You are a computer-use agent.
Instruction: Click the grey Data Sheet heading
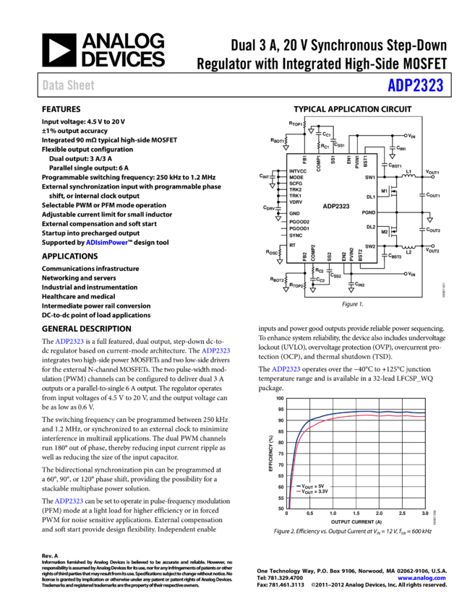(x=68, y=85)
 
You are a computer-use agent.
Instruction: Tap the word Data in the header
(x=52, y=85)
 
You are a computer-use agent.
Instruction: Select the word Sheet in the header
(x=80, y=85)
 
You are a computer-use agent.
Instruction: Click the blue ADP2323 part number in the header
(x=415, y=85)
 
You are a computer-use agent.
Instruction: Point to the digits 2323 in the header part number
(x=427, y=85)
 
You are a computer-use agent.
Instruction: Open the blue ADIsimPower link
(x=106, y=243)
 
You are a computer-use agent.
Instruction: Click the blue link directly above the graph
(x=286, y=369)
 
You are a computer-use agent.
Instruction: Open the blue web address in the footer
(x=421, y=578)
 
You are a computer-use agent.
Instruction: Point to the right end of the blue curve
(x=424, y=413)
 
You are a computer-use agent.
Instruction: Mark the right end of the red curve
(x=424, y=417)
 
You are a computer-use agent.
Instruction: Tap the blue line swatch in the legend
(x=298, y=486)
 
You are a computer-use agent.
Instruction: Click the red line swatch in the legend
(x=298, y=491)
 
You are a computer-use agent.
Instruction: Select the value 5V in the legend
(x=321, y=486)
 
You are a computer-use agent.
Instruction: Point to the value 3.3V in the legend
(x=323, y=491)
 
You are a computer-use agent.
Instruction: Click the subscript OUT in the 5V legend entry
(x=309, y=487)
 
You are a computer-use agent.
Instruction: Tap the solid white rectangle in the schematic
(x=427, y=215)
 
